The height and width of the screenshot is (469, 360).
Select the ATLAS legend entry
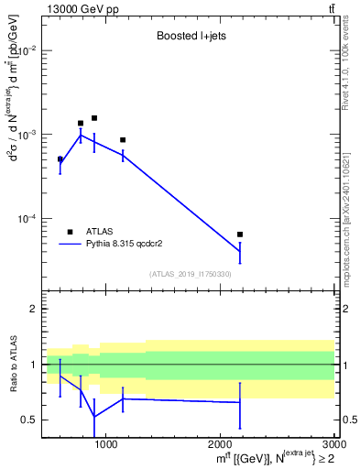point(96,232)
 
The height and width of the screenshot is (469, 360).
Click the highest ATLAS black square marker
point(94,118)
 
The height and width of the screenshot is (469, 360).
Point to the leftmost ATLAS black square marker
point(60,159)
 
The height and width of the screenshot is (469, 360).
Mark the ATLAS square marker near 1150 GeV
point(123,140)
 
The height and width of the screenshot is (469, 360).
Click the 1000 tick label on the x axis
point(106,445)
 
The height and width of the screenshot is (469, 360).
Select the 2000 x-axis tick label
point(221,445)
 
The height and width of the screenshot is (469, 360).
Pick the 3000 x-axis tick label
point(333,445)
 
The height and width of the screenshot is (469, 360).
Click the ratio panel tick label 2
point(34,310)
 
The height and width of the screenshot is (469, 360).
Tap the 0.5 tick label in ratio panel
point(30,420)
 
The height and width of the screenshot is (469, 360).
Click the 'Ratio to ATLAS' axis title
point(14,365)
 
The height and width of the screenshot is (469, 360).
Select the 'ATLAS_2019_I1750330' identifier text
point(191,274)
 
